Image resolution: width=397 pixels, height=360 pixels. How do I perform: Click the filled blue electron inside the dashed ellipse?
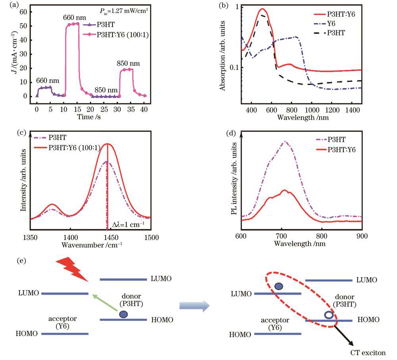tap(279, 286)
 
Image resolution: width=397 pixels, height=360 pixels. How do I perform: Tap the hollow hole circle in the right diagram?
tap(329, 315)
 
